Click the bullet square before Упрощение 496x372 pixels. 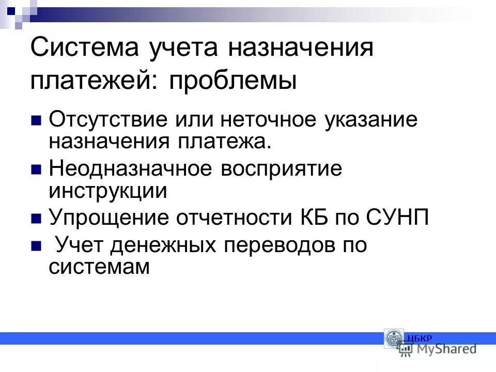coord(36,219)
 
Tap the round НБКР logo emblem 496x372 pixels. coord(394,338)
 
